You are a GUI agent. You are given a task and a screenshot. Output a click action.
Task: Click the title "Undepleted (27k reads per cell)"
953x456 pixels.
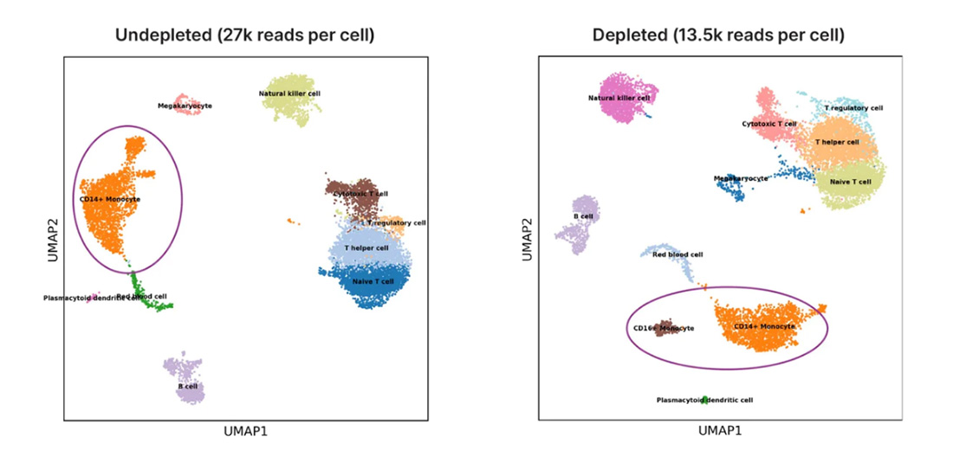245,35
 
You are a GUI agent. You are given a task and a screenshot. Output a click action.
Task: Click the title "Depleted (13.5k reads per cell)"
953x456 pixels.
718,35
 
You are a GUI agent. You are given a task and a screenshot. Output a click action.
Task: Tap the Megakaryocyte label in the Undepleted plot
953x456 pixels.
185,106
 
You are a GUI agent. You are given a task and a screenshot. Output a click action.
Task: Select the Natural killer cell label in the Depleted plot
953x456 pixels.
619,98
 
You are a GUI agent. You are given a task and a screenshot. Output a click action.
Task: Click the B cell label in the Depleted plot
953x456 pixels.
583,216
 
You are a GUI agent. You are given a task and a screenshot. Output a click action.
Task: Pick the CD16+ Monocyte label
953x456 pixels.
664,328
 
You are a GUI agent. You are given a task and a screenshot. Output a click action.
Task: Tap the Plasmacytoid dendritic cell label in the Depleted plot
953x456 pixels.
704,401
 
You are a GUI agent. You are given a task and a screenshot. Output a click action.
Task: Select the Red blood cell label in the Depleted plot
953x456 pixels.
677,255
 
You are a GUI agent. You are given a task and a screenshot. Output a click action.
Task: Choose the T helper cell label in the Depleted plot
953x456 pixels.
837,142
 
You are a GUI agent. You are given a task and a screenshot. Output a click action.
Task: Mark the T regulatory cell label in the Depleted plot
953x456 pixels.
853,108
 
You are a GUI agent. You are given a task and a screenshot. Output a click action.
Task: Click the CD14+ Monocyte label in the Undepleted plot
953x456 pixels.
110,200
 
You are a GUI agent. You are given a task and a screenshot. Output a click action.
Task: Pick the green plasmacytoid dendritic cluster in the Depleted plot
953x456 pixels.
705,399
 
